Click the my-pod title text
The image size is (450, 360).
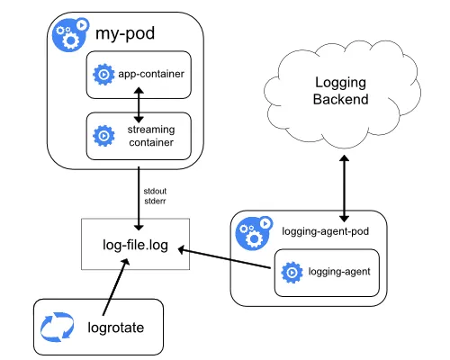pyautogui.click(x=125, y=33)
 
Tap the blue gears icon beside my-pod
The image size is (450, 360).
pyautogui.click(x=70, y=34)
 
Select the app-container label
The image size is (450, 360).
pyautogui.click(x=151, y=74)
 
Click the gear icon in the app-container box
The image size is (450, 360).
pyautogui.click(x=103, y=75)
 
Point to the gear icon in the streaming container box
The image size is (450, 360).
pyautogui.click(x=103, y=136)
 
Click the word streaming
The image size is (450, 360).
pyautogui.click(x=151, y=130)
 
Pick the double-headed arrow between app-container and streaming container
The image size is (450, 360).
pyautogui.click(x=139, y=105)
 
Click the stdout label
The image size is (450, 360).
pyautogui.click(x=155, y=191)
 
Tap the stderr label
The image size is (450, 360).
pyautogui.click(x=155, y=201)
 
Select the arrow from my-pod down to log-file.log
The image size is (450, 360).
pyautogui.click(x=139, y=199)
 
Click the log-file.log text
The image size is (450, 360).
pyautogui.click(x=135, y=245)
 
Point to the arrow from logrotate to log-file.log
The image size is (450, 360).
pyautogui.click(x=116, y=287)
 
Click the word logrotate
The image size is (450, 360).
pyautogui.click(x=116, y=328)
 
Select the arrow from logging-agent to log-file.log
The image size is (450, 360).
pyautogui.click(x=224, y=258)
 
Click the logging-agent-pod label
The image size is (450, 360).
pyautogui.click(x=326, y=231)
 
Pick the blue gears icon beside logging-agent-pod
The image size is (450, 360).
pyautogui.click(x=254, y=233)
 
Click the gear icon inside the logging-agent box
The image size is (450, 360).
pyautogui.click(x=292, y=273)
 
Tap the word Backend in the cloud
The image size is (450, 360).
pyautogui.click(x=341, y=99)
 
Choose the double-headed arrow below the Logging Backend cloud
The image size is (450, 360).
pyautogui.click(x=344, y=188)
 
